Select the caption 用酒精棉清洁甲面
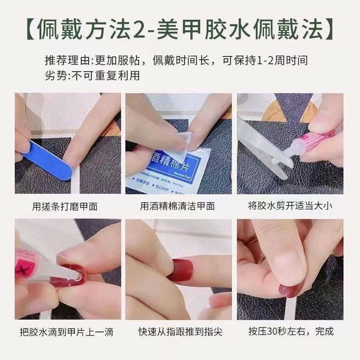(x=177, y=206)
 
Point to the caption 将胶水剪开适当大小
(x=290, y=206)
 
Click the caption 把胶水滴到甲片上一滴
(x=67, y=332)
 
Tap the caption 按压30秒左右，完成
(x=290, y=332)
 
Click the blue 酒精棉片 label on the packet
(x=165, y=163)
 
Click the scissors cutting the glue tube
(x=266, y=147)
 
